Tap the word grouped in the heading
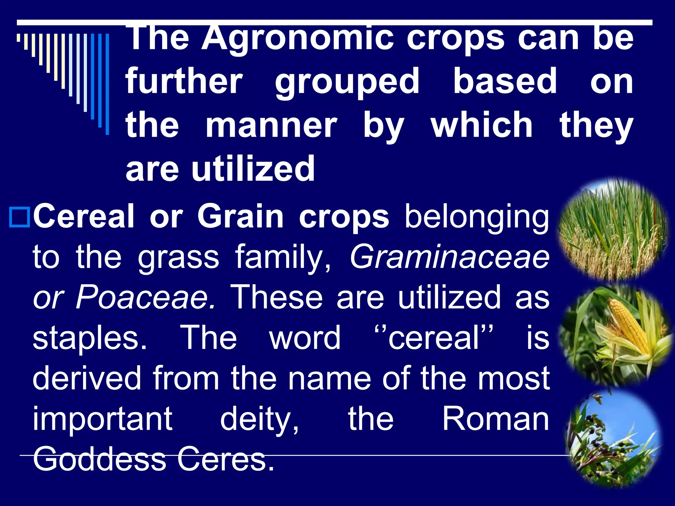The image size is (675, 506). click(x=347, y=81)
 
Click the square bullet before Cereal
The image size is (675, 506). click(x=19, y=217)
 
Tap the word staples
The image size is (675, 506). click(x=90, y=338)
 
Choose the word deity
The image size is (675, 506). click(x=259, y=419)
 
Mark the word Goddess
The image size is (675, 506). click(x=100, y=459)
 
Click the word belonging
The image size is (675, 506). click(x=477, y=217)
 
